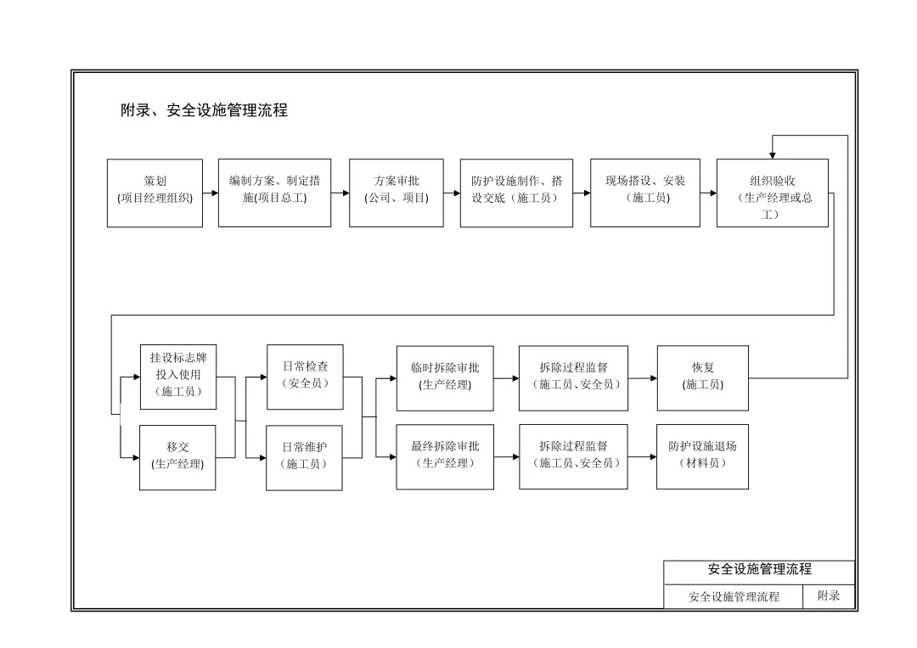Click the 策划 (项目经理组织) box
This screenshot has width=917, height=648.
click(x=155, y=193)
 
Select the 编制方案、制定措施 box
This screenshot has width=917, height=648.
click(x=274, y=193)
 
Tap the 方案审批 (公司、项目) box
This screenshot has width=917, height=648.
click(x=396, y=193)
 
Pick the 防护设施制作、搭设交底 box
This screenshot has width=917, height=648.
click(x=516, y=193)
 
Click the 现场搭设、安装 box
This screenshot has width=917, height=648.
click(x=645, y=193)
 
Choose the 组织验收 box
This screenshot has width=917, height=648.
click(x=772, y=193)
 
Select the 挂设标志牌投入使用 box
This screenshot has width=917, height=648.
click(x=178, y=377)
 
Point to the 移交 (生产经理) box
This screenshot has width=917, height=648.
click(x=178, y=457)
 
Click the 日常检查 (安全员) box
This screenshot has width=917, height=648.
click(x=305, y=376)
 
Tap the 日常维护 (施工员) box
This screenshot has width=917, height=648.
click(x=305, y=457)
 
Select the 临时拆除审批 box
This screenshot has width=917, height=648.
click(x=445, y=377)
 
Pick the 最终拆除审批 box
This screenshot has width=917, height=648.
click(x=445, y=457)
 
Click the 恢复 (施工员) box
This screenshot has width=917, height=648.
click(x=703, y=377)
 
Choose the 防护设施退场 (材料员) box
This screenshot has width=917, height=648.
click(x=702, y=456)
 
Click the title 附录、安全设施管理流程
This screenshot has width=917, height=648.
click(x=204, y=110)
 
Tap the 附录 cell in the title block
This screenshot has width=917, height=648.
click(x=829, y=596)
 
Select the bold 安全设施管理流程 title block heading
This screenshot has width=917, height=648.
click(x=759, y=570)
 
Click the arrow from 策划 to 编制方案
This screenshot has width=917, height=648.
click(x=211, y=193)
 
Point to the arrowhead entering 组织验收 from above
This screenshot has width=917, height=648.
click(x=773, y=154)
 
